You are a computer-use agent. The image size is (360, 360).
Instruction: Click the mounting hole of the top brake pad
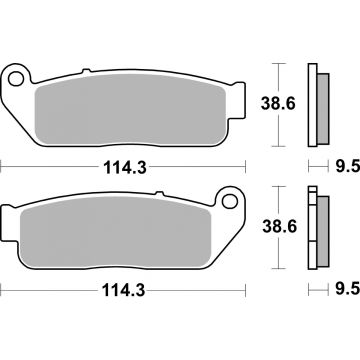coord(17,77)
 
